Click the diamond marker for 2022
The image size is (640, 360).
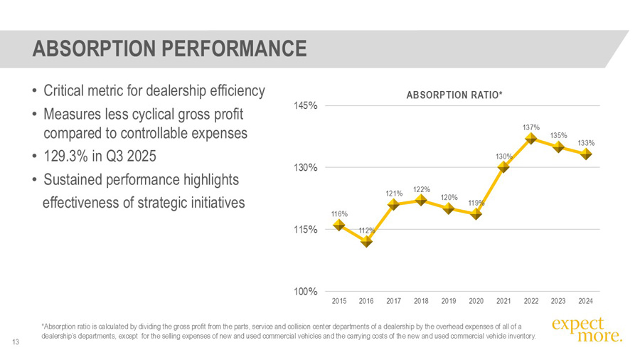[x=530, y=138]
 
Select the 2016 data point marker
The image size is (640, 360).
[x=366, y=241]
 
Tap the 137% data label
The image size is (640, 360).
[x=530, y=127]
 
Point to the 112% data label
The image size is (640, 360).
[x=367, y=230]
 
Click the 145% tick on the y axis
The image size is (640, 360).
[x=306, y=105]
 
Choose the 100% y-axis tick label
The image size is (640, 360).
[x=306, y=292]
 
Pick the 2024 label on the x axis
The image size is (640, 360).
[x=586, y=301]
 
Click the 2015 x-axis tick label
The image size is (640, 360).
[x=339, y=301]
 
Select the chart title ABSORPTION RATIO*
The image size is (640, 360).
[x=454, y=95]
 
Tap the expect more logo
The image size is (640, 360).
[x=586, y=329]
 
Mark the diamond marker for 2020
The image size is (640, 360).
[x=476, y=213]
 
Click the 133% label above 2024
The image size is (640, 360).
[x=586, y=143]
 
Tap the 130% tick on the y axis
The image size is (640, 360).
[x=306, y=168]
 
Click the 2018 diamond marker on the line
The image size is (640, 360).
[x=421, y=200]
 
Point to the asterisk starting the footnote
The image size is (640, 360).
[x=43, y=326]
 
